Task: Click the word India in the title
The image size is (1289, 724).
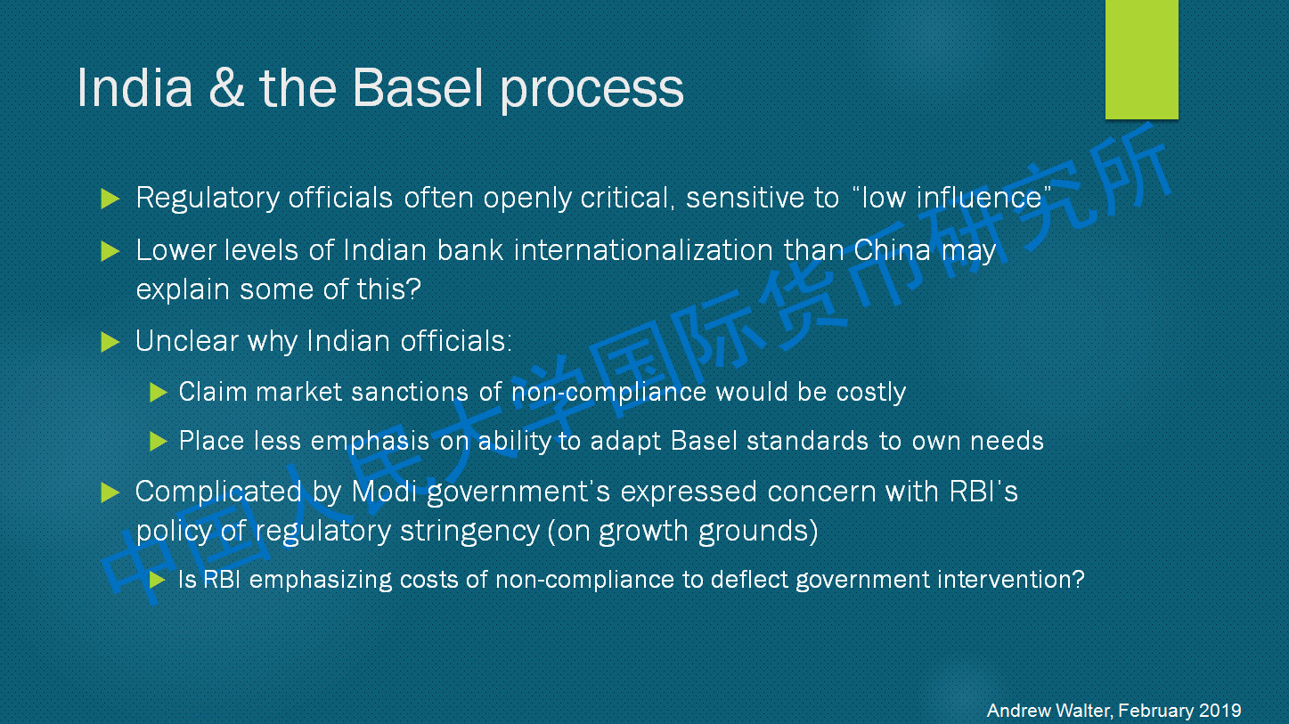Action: [135, 87]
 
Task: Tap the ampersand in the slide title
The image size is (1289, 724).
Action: [226, 87]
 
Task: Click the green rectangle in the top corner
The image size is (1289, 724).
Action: [1142, 60]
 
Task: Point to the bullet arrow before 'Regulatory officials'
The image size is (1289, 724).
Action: [110, 199]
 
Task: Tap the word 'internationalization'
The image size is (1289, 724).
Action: [643, 251]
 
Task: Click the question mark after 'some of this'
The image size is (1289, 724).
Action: [413, 289]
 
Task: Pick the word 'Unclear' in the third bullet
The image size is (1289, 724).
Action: [186, 341]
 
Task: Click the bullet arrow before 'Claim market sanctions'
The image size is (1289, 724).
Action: [159, 393]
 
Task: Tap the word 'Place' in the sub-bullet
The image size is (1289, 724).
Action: [211, 441]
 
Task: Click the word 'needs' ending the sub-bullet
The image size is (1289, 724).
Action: [1007, 442]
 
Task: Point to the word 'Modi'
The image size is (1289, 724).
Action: [384, 492]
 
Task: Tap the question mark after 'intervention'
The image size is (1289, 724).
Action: [1078, 579]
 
